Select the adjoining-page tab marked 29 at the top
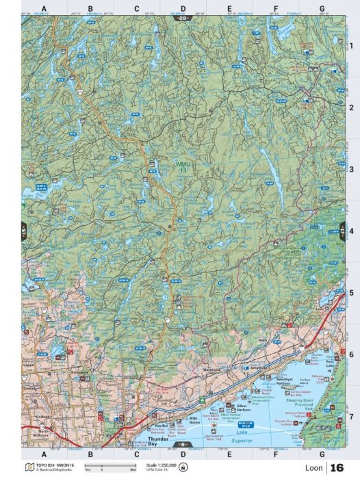[x=183, y=18]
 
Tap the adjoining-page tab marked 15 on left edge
[x=24, y=231]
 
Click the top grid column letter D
[x=183, y=8]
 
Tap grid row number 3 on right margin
[x=351, y=169]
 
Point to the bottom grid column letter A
[x=44, y=454]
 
